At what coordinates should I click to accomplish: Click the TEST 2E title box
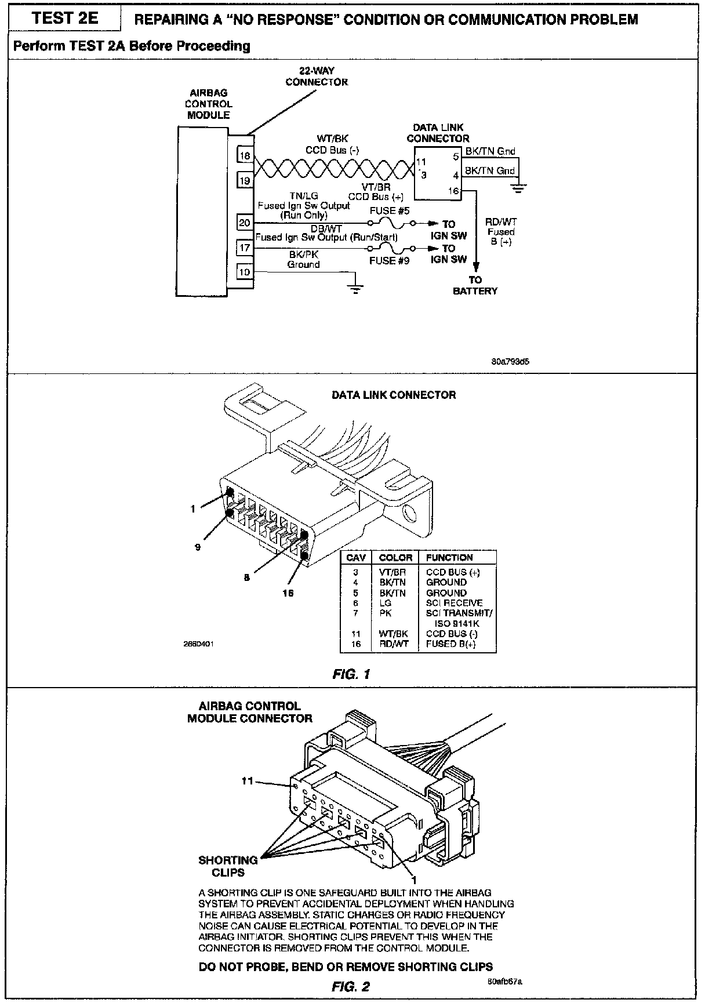(65, 19)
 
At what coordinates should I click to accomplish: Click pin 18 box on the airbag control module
(245, 156)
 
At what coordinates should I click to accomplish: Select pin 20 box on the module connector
(245, 223)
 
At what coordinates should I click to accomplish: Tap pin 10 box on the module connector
(245, 271)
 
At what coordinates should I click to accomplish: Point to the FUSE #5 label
(390, 211)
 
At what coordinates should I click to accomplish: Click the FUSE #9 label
(390, 261)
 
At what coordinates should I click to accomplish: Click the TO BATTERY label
(475, 285)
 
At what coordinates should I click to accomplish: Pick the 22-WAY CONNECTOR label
(317, 77)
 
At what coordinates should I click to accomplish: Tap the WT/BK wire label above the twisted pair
(332, 139)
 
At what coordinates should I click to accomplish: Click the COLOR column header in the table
(395, 558)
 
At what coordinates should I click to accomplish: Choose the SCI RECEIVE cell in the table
(454, 603)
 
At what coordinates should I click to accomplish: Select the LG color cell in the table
(386, 603)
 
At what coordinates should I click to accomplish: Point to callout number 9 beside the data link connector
(198, 547)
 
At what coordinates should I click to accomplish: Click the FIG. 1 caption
(351, 674)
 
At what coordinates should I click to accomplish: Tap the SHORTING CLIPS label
(228, 866)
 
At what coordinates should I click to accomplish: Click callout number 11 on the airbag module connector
(248, 781)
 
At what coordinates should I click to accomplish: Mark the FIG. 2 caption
(351, 987)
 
